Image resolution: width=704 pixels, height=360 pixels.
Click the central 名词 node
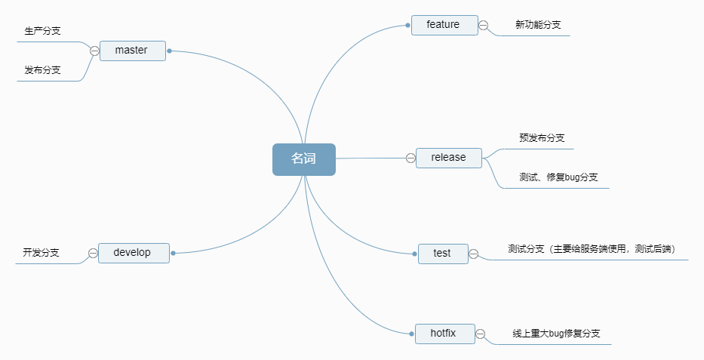click(303, 159)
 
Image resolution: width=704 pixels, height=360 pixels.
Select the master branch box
click(132, 51)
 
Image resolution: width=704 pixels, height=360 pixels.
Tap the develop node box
click(133, 253)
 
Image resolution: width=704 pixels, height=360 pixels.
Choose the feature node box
click(444, 25)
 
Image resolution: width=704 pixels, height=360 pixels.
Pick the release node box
click(448, 158)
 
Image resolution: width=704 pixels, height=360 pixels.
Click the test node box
click(443, 254)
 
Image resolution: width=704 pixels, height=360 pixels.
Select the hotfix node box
click(444, 333)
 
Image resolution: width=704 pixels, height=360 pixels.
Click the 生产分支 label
click(43, 31)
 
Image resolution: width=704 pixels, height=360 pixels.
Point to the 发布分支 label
click(43, 70)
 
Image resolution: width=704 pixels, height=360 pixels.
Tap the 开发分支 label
click(42, 252)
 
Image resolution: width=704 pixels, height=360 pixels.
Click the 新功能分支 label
click(538, 25)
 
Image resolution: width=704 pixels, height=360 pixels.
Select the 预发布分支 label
click(542, 138)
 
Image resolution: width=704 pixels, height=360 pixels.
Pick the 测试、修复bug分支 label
click(558, 177)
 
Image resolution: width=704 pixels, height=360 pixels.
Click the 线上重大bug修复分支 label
click(556, 333)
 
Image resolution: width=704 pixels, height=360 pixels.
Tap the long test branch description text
click(591, 249)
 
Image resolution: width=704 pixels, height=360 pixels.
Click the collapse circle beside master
click(94, 51)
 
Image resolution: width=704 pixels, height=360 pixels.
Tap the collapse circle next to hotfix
click(481, 334)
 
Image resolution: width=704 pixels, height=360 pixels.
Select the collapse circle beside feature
click(484, 25)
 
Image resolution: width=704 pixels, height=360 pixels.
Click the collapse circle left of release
click(410, 158)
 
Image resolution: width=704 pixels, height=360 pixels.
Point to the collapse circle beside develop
click(93, 253)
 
